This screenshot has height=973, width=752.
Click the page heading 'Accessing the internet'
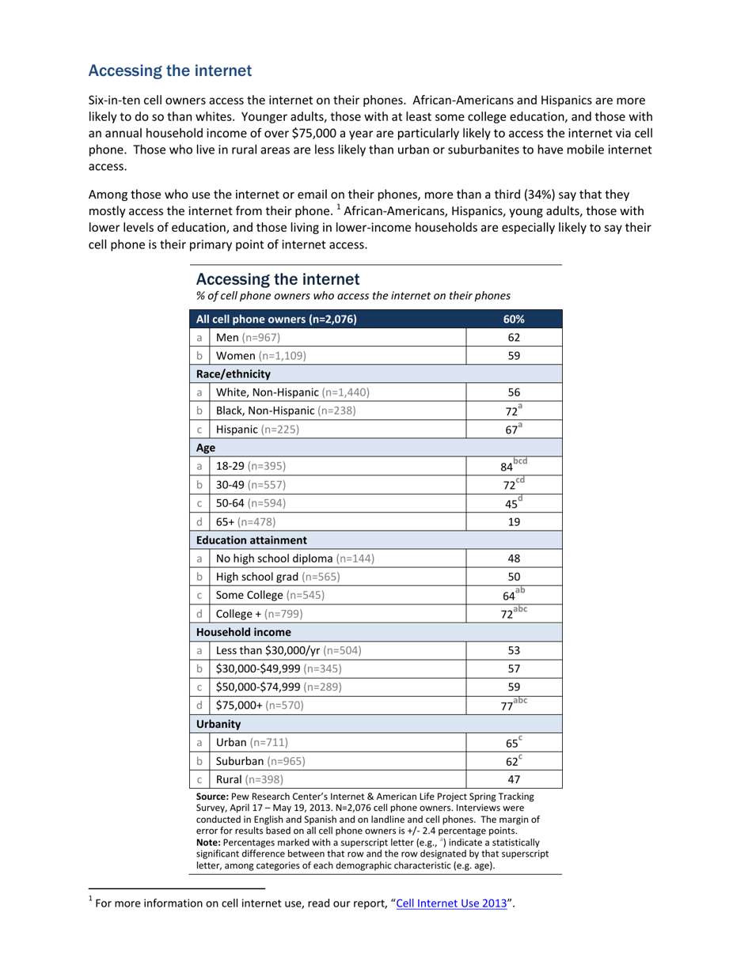pyautogui.click(x=169, y=71)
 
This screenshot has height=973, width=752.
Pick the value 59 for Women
pyautogui.click(x=513, y=356)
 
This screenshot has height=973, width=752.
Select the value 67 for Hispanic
pyautogui.click(x=511, y=430)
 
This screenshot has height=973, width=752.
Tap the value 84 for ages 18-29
pyautogui.click(x=507, y=467)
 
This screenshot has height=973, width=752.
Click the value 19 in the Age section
pyautogui.click(x=513, y=521)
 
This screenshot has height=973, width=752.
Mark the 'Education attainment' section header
pyautogui.click(x=252, y=540)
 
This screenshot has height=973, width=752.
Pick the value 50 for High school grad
pyautogui.click(x=513, y=576)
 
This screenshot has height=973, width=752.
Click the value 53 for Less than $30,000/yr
pyautogui.click(x=513, y=650)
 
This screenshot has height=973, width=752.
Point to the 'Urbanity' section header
pyautogui.click(x=218, y=724)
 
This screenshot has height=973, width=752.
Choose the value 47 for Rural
pyautogui.click(x=513, y=778)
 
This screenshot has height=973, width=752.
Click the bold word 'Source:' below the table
pyautogui.click(x=215, y=797)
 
